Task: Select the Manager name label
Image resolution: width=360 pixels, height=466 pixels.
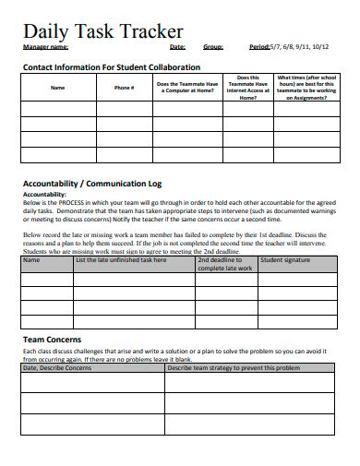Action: point(45,46)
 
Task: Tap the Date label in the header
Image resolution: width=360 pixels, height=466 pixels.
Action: point(177,46)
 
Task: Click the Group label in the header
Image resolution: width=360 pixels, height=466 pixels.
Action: point(212,46)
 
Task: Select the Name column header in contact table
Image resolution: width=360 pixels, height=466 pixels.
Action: point(57,88)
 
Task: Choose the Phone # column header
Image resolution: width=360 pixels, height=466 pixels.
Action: point(124,88)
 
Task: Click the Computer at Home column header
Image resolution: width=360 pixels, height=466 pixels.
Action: point(187,88)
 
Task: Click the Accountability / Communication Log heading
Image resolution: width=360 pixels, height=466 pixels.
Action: point(106,183)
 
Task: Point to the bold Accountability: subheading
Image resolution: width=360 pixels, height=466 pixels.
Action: point(44,195)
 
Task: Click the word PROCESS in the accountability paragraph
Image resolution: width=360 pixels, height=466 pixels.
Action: point(78,203)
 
